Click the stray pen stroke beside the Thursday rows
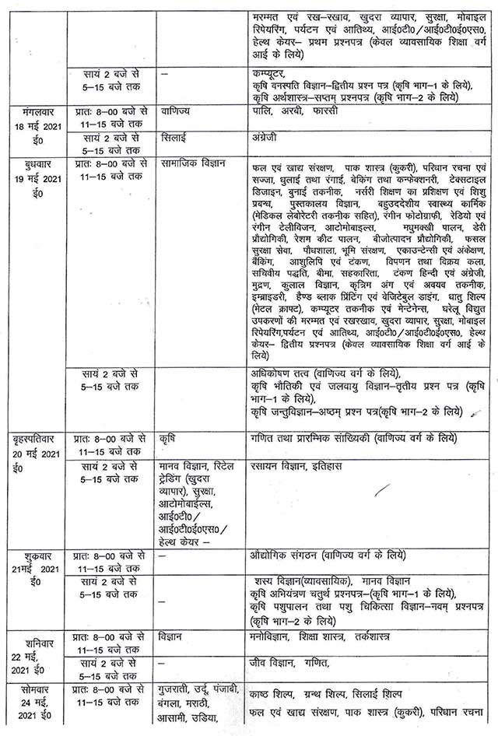coord(382,490)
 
